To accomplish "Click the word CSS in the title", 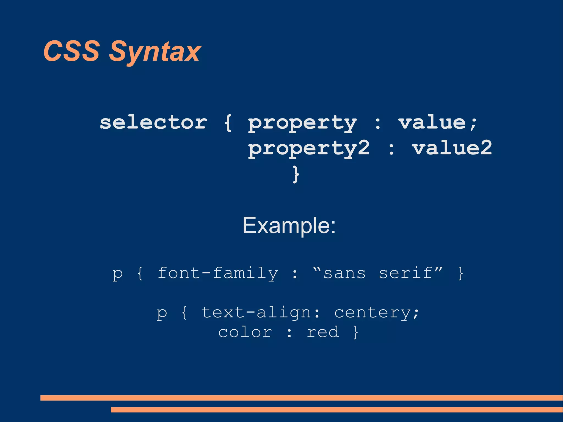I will (71, 51).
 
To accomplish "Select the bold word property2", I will (309, 148).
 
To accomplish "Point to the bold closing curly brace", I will (296, 174).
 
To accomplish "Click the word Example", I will (289, 225).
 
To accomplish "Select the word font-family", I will (218, 273).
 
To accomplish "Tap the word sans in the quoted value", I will (344, 273).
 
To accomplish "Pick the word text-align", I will (256, 313).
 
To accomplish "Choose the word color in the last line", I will (245, 332).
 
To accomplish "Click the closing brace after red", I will (356, 332).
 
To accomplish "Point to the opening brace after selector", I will (228, 123).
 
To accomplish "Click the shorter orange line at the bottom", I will (336, 410).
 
